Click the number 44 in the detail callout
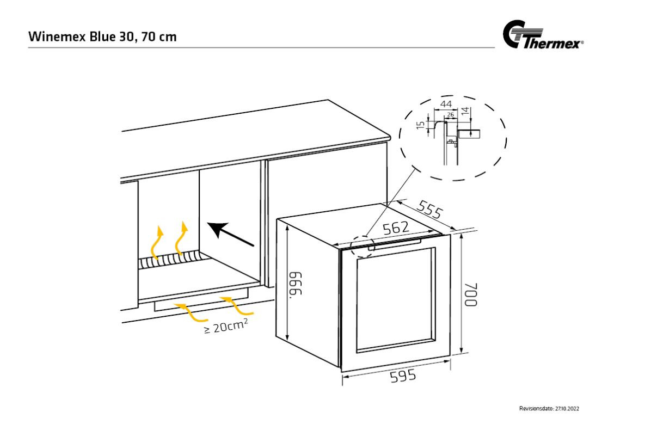click(446, 104)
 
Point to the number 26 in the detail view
click(450, 114)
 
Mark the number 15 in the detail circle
click(420, 125)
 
